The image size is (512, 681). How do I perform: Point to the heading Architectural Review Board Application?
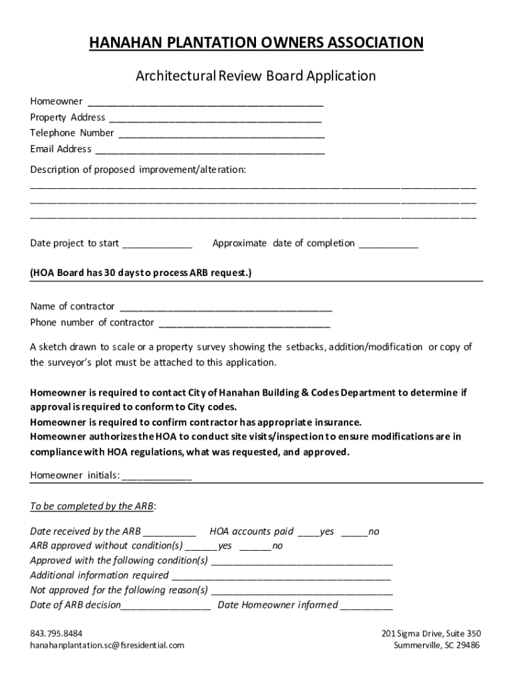[x=256, y=76]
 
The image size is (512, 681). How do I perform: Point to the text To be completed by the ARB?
[x=92, y=506]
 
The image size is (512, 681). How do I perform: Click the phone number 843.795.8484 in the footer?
[x=57, y=633]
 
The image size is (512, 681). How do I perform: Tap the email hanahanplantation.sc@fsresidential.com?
[x=107, y=645]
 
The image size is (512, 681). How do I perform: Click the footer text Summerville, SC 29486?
[x=437, y=645]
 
